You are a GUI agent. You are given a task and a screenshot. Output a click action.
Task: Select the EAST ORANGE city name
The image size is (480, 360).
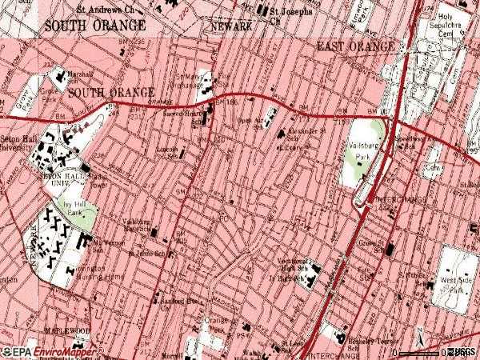(x=355, y=46)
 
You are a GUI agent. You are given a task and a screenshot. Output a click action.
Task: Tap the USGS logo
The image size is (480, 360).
(x=462, y=351)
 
